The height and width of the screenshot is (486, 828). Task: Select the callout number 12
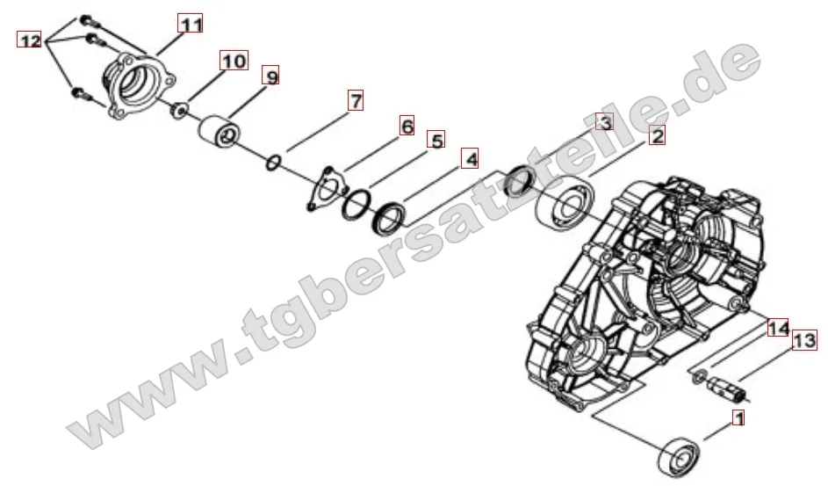29,40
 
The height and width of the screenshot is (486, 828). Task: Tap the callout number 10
233,61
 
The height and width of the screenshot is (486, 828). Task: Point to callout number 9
271,77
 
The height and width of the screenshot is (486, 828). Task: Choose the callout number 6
407,126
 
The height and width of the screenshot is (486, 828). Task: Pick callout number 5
436,140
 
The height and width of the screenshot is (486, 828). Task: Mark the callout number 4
471,159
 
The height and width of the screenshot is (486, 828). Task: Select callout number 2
656,135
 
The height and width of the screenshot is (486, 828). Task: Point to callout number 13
804,340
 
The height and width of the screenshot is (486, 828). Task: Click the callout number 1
738,419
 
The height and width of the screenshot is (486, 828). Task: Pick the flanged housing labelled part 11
139,84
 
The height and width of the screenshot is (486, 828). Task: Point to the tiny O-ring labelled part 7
274,162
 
